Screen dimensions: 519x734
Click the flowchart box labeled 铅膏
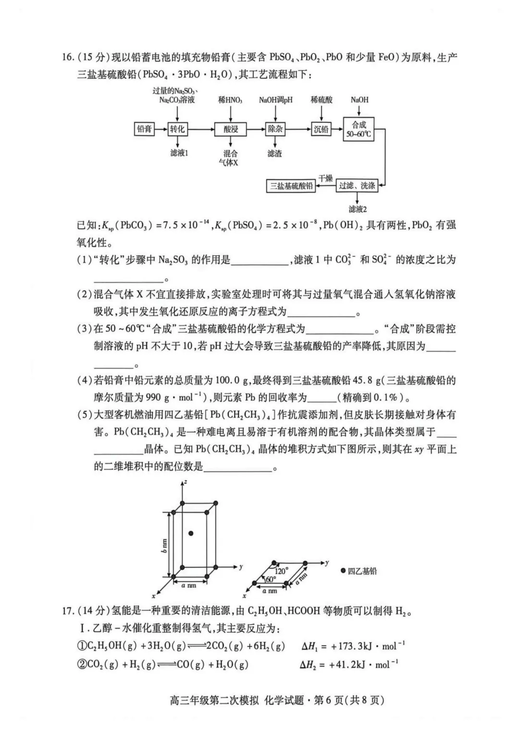pos(144,129)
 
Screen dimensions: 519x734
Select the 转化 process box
pos(177,129)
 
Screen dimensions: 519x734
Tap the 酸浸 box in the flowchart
pos(231,129)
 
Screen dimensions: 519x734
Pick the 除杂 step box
pos(275,129)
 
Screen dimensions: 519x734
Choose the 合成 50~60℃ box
pos(358,129)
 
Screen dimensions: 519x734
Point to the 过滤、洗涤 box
pos(357,185)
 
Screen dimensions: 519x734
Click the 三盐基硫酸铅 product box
pos(291,186)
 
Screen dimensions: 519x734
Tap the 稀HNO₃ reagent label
pos(230,100)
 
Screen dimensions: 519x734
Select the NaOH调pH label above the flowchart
pos(275,100)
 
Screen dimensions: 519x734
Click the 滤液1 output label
pos(179,153)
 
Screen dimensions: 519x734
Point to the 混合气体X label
pos(230,158)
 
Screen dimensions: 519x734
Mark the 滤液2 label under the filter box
pos(358,209)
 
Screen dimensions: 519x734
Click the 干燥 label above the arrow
pos(325,178)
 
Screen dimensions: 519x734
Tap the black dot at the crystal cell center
pos(191,533)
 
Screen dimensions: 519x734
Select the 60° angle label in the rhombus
pos(271,579)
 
